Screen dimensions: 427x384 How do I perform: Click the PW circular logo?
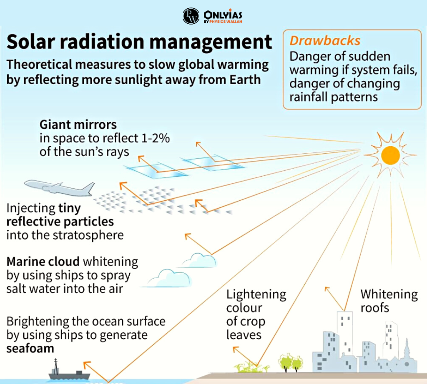(191, 16)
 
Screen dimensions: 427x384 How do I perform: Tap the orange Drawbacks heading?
(325, 41)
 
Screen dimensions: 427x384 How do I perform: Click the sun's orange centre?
(390, 155)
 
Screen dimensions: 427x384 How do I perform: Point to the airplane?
(59, 188)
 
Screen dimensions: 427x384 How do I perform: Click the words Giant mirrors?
(78, 125)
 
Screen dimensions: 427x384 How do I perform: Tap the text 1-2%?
(156, 138)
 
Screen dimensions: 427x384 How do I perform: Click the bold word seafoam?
(30, 349)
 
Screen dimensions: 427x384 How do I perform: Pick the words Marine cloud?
(43, 262)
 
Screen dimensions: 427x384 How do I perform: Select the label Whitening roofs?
(389, 301)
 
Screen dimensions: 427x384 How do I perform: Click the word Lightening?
(256, 294)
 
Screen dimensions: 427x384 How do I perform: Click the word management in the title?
(211, 42)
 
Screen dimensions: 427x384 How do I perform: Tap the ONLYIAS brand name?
(223, 15)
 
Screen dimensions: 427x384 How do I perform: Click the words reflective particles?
(60, 222)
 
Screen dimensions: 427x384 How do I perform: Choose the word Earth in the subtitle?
(245, 80)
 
